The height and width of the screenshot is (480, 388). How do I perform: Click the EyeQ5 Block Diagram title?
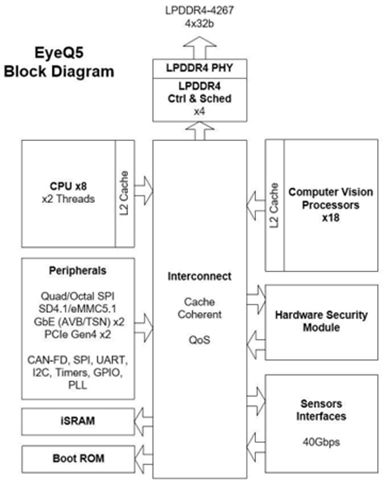tap(59, 62)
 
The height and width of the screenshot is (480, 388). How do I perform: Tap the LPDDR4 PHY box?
tap(200, 68)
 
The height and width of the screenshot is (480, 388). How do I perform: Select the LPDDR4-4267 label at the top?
tap(199, 11)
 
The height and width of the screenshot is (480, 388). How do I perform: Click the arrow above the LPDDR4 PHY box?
tap(200, 48)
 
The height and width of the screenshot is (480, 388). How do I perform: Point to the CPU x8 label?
tap(68, 186)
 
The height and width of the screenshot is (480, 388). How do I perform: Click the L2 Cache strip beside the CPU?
tap(125, 194)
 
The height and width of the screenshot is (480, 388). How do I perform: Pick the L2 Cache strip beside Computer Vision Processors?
tap(275, 205)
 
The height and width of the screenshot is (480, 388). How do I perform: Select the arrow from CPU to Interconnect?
tap(143, 191)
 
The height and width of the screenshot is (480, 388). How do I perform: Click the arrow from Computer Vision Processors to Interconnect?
tap(256, 206)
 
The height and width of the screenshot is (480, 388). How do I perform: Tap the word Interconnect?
tap(199, 276)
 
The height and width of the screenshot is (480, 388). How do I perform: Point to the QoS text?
tap(199, 340)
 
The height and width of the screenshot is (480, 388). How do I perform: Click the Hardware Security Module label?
tap(322, 321)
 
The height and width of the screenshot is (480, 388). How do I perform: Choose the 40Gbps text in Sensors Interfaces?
tap(322, 442)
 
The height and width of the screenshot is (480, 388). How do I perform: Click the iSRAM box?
tap(78, 421)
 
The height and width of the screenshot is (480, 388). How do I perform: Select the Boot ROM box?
tap(78, 459)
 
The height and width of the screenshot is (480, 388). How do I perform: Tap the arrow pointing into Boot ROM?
tap(143, 459)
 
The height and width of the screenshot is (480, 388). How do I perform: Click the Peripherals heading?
tap(78, 271)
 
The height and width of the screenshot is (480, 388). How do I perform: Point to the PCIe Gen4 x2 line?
tap(78, 334)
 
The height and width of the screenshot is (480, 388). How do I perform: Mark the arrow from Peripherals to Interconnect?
tap(143, 328)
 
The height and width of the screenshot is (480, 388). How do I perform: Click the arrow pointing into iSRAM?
tap(143, 422)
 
